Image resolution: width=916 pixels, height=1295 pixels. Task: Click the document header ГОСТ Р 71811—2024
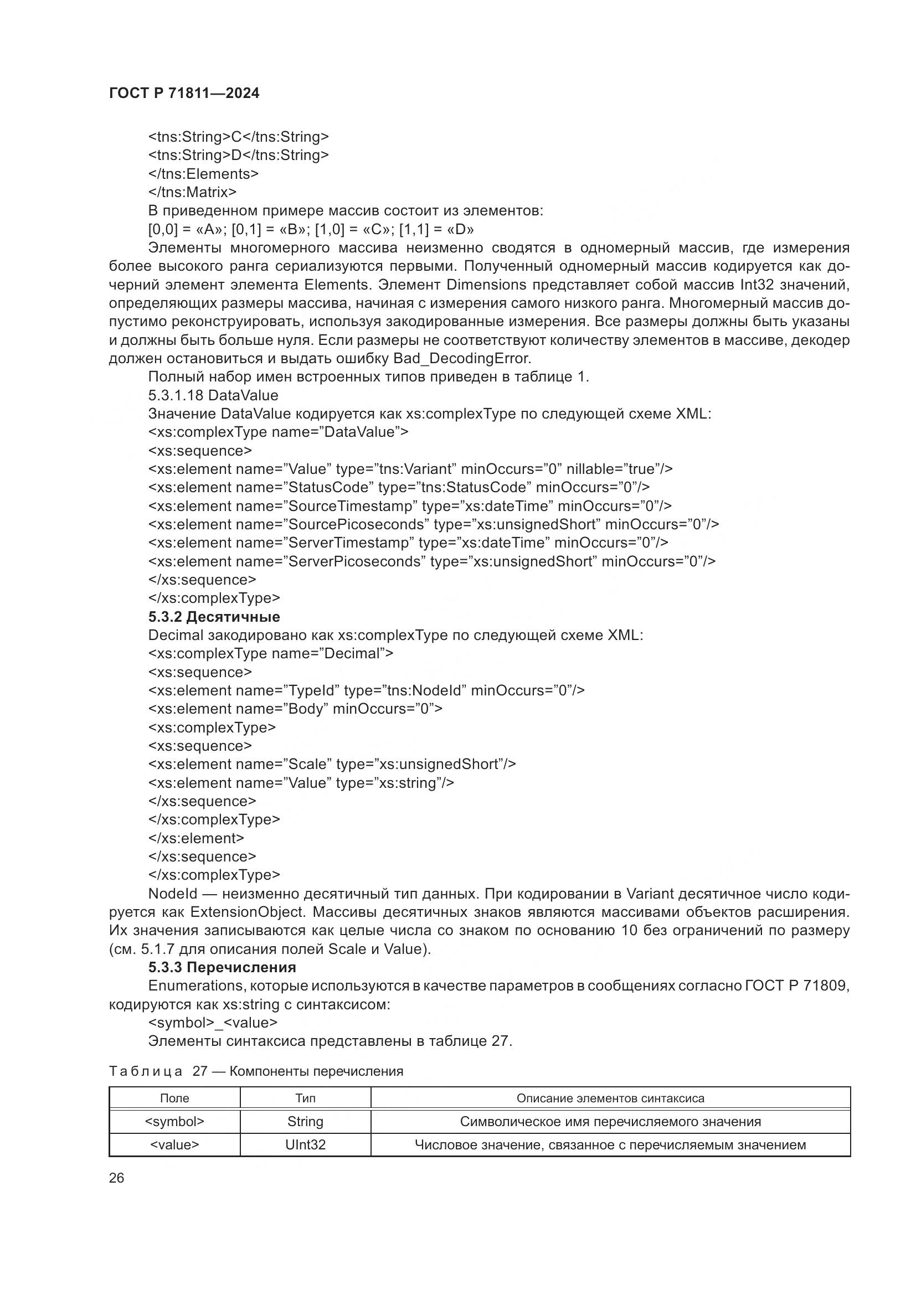(184, 94)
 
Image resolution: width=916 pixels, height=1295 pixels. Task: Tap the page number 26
(117, 1178)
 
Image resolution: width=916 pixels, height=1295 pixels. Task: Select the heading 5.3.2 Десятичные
(214, 616)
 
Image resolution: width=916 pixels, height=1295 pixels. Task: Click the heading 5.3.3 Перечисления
(222, 967)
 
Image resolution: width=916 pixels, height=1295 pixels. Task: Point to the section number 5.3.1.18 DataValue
(213, 395)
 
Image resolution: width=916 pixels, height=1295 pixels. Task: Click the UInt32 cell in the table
(305, 1144)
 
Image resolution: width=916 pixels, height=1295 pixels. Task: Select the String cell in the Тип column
(305, 1121)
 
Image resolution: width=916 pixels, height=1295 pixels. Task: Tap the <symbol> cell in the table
(174, 1121)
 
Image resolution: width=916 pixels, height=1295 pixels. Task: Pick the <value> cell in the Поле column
(174, 1144)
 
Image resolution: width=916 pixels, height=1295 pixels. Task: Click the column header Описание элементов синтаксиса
(610, 1098)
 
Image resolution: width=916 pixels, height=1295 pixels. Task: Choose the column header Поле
(174, 1098)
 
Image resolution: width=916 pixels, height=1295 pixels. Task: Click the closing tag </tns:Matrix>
(192, 192)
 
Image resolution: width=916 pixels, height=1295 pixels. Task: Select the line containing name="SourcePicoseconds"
(433, 524)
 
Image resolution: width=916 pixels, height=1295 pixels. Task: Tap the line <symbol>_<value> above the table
(213, 1023)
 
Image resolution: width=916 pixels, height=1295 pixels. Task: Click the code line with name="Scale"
(332, 764)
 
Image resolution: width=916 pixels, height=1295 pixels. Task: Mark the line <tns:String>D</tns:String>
(238, 155)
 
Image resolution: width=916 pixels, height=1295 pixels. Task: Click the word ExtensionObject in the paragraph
(248, 912)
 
